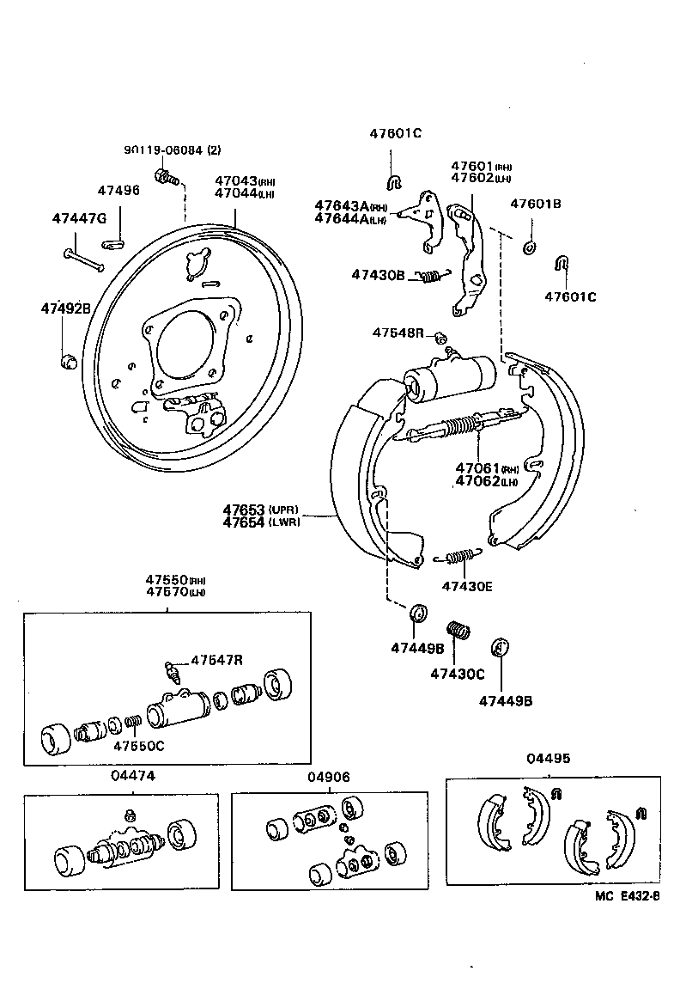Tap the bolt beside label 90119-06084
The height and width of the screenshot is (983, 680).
tap(165, 178)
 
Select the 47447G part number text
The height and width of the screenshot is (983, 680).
tap(78, 219)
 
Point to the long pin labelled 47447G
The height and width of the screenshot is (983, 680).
tap(83, 259)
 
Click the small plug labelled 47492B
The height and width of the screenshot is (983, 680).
tap(68, 358)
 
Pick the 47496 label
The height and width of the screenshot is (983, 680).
tap(118, 190)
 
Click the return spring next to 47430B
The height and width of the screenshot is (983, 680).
tap(432, 275)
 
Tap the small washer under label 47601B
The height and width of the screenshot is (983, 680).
tap(529, 248)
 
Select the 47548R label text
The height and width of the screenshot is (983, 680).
tap(398, 333)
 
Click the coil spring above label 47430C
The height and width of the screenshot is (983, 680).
tap(459, 632)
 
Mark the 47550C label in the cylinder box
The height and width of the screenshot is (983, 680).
tap(138, 745)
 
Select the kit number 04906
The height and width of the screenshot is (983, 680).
tap(329, 777)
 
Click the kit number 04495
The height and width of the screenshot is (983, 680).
tap(548, 758)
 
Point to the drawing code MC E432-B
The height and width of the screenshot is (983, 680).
tap(627, 896)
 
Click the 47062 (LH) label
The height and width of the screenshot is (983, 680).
tap(486, 481)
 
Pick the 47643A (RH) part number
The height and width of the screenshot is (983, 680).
tap(350, 206)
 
